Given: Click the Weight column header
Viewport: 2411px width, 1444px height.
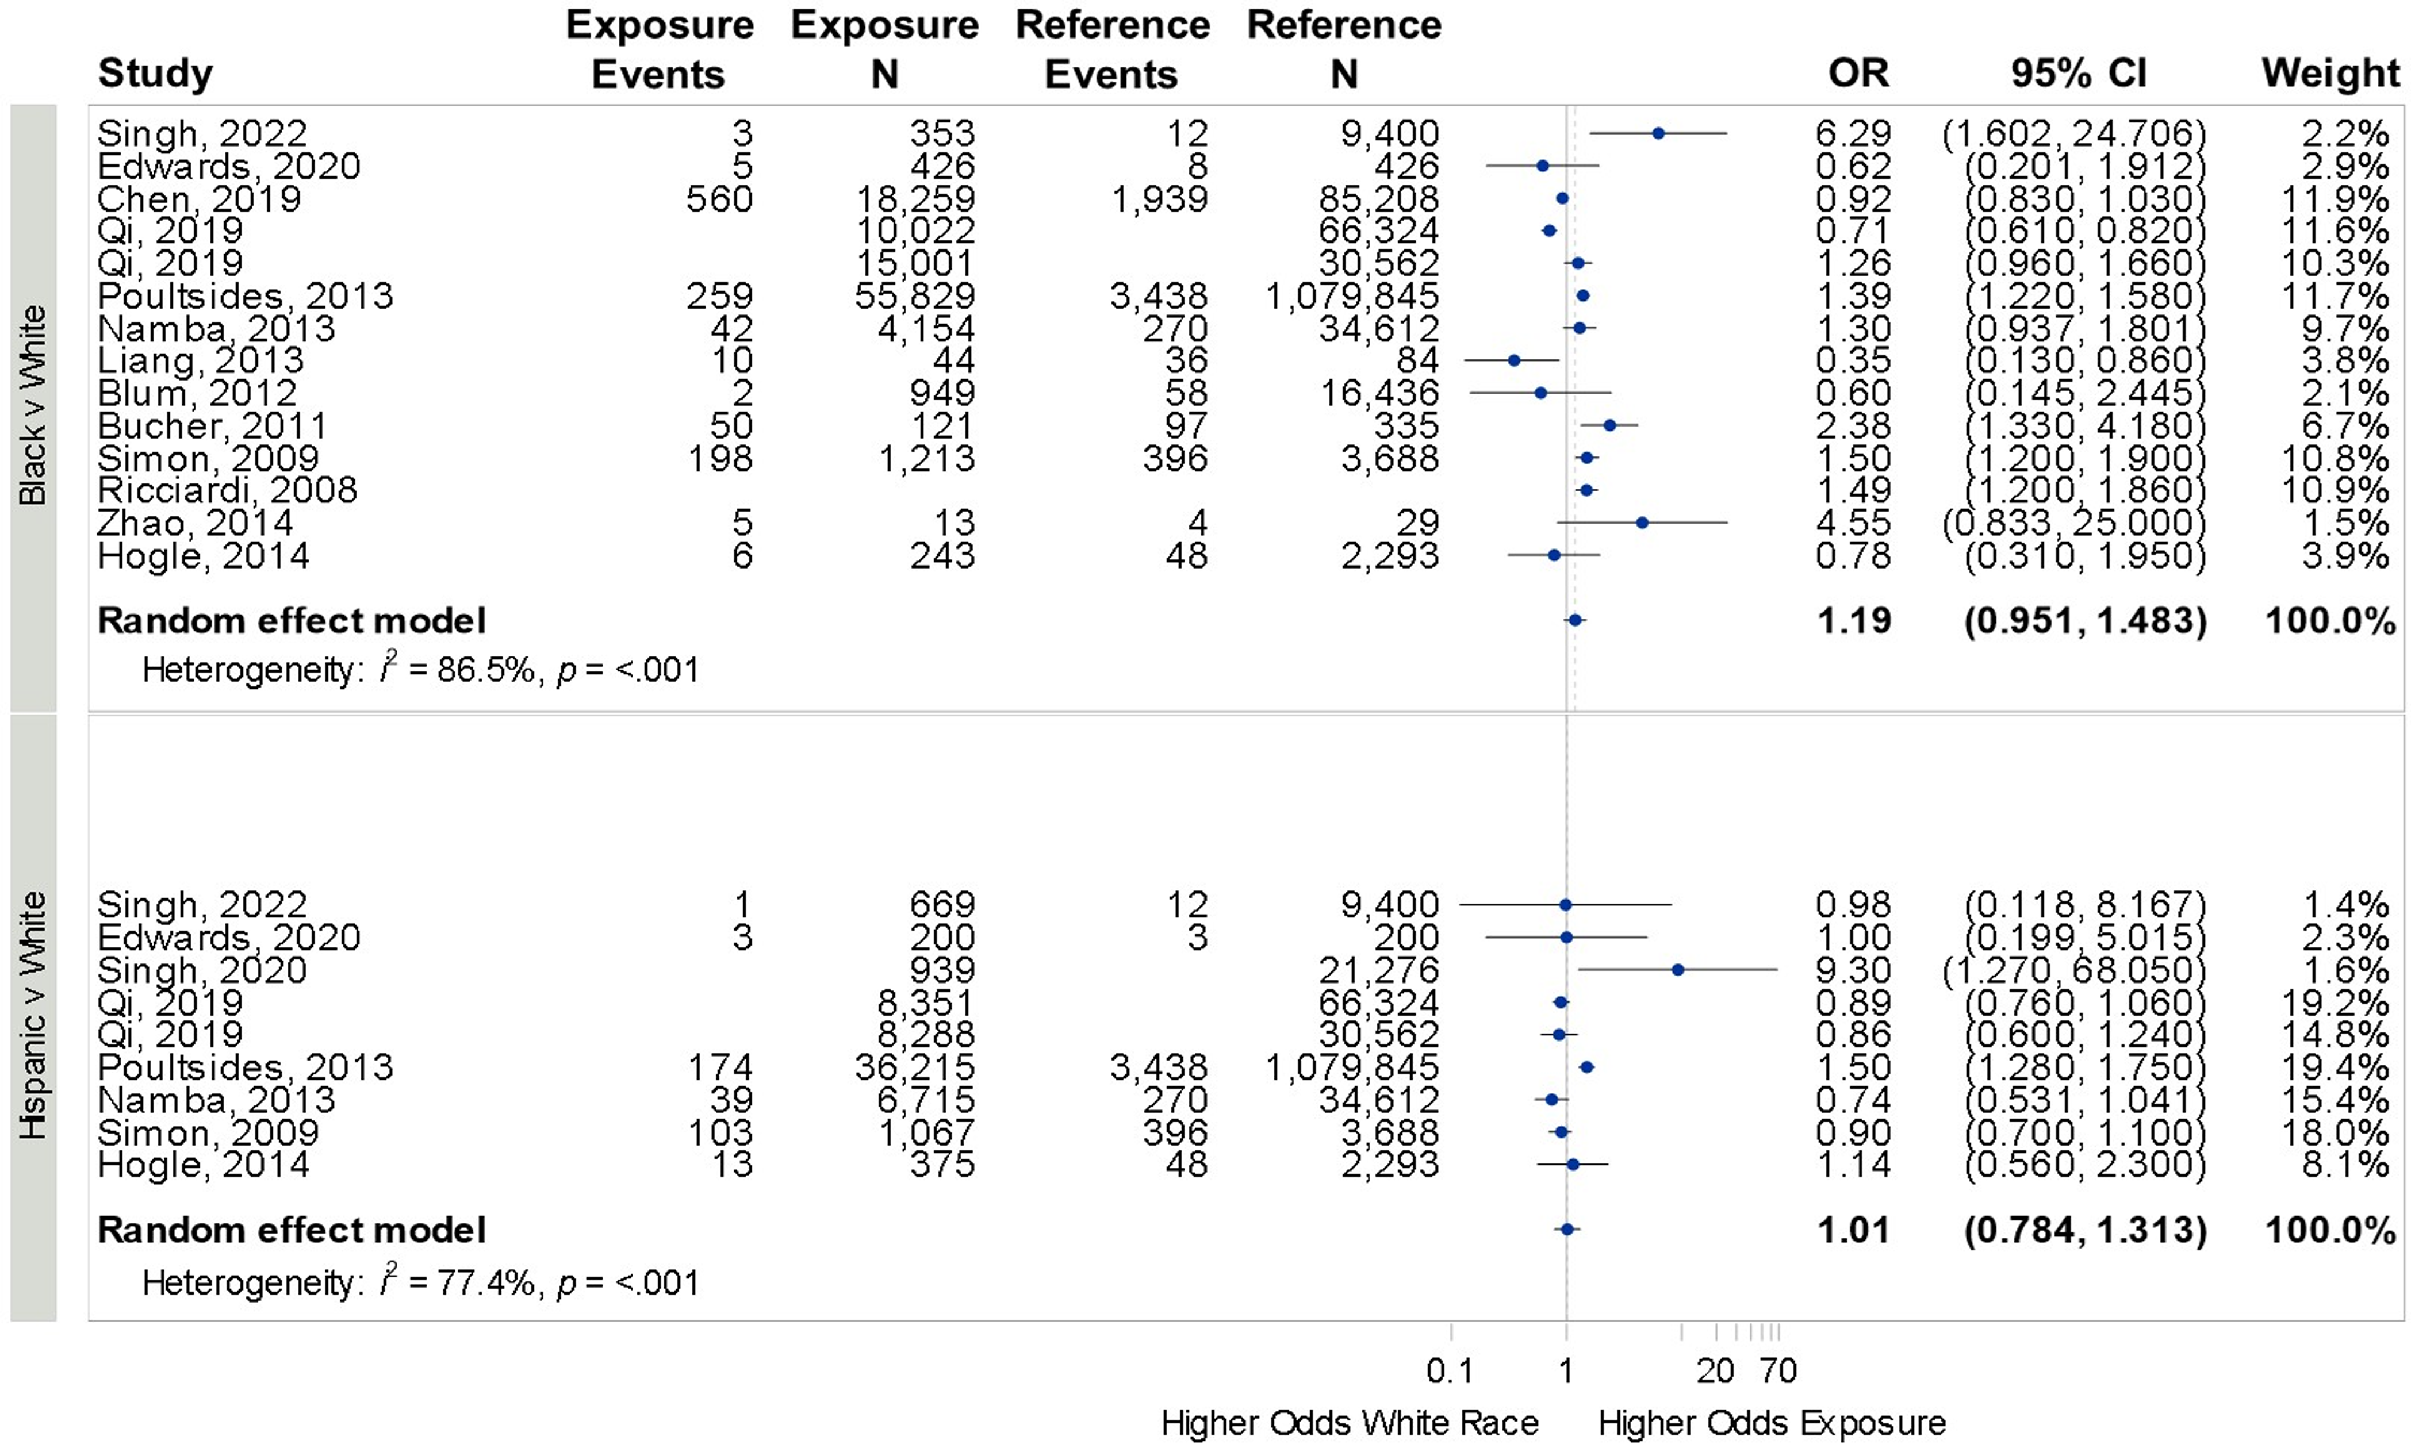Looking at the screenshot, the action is (2330, 73).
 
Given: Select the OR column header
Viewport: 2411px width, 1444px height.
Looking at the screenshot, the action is (1858, 73).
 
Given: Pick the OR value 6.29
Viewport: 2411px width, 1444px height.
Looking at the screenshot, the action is (1853, 133).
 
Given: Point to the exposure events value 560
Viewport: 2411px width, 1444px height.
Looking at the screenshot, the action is (719, 198).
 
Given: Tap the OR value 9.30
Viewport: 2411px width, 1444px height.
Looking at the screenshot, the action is (1853, 970).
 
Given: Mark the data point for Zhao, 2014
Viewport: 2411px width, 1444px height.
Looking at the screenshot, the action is (1642, 523).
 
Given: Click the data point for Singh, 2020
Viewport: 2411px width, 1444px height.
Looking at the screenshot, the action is (1678, 970).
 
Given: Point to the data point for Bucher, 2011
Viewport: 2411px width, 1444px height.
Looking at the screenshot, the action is (1610, 425).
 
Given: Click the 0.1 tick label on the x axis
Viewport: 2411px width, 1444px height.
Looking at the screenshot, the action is (1450, 1371).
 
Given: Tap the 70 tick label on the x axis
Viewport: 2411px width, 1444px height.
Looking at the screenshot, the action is (1778, 1371).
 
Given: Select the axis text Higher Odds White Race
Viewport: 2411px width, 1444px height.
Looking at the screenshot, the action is (1350, 1423).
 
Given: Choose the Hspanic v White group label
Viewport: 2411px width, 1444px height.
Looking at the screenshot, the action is (33, 1016).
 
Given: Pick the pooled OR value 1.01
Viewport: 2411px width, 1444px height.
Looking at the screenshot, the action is (1853, 1231).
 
